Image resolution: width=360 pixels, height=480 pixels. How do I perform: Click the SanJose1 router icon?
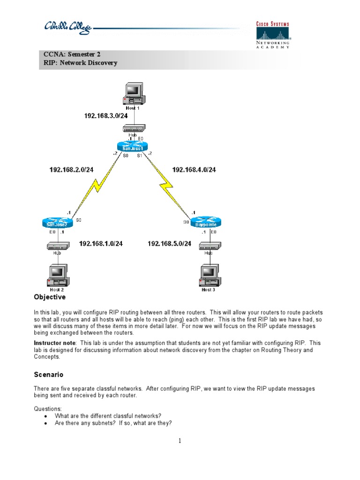pos(132,147)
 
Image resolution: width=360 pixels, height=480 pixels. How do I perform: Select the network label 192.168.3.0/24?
pos(106,116)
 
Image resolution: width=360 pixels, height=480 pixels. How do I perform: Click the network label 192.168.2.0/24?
pos(71,170)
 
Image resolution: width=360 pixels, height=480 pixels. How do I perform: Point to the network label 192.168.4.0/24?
pos(194,170)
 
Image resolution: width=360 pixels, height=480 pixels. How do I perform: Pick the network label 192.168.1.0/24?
pos(101,243)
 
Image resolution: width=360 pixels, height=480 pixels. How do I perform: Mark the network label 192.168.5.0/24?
pos(170,243)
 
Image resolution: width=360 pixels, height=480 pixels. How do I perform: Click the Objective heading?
pos(50,297)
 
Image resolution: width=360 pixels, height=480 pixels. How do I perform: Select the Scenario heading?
pos(49,375)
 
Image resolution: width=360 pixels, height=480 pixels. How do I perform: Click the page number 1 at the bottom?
pos(180,440)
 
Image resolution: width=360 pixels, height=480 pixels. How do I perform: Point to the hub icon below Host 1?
pos(134,127)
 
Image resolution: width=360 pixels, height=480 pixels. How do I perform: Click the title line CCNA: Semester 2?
pos(72,54)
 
